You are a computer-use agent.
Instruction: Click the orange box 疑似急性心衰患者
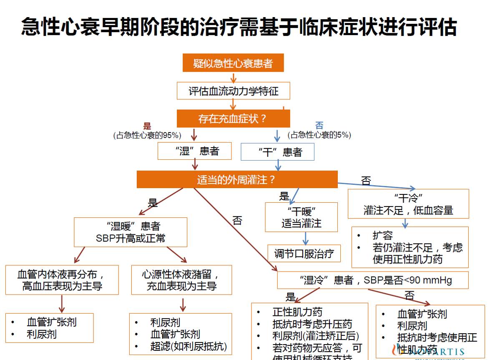point(233,63)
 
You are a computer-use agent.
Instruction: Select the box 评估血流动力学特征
point(233,91)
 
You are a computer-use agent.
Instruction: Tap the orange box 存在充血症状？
point(233,119)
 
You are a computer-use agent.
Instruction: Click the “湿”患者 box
point(194,151)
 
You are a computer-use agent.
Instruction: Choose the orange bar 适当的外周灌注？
point(237,180)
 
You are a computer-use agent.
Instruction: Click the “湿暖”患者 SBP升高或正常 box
point(130,232)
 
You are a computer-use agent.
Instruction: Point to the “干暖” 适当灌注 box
point(301,217)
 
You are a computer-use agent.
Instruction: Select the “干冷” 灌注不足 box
point(408,204)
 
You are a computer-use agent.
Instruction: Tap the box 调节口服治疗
point(304,253)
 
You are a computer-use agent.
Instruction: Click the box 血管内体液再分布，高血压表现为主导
point(62,280)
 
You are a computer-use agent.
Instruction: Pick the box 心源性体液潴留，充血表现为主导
point(181,280)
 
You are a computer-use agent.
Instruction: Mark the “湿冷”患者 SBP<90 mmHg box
point(373,280)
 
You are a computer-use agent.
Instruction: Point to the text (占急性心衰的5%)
point(319,135)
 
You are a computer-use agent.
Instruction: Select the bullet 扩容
point(382,235)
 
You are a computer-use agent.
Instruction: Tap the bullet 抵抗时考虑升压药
point(312,324)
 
